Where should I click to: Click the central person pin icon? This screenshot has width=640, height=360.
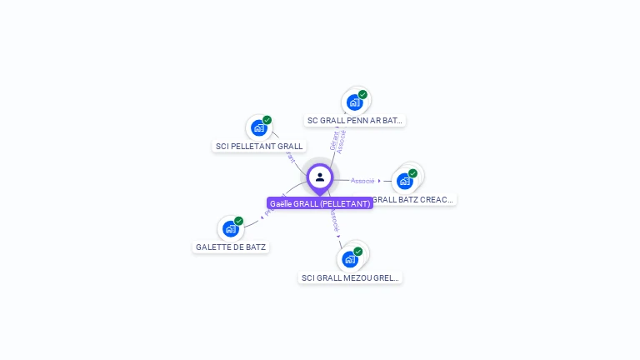tap(320, 177)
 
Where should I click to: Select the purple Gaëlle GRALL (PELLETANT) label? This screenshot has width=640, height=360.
tap(320, 203)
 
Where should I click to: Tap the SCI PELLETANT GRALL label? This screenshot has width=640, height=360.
tap(259, 147)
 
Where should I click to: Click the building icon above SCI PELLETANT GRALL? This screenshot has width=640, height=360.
tap(258, 128)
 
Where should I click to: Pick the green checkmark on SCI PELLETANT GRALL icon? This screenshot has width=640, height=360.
tap(267, 120)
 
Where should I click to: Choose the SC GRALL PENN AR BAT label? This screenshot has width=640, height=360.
tap(355, 121)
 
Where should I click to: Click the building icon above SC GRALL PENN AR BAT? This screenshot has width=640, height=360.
tap(354, 102)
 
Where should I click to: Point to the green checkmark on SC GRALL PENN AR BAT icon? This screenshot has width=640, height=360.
tap(363, 94)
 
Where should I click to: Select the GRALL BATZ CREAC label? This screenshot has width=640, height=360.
tap(413, 200)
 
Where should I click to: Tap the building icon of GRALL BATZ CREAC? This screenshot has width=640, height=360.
tap(404, 181)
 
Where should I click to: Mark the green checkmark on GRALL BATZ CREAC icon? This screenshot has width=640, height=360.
tap(413, 173)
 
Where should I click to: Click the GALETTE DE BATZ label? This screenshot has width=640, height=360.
tap(231, 247)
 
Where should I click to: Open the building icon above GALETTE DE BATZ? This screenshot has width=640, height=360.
tap(230, 229)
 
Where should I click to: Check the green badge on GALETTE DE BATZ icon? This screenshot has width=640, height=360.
tap(239, 221)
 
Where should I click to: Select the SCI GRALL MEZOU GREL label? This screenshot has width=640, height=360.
tap(351, 277)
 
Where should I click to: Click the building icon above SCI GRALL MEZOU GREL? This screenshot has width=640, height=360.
tap(349, 259)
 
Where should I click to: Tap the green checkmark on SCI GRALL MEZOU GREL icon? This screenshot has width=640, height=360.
tap(358, 251)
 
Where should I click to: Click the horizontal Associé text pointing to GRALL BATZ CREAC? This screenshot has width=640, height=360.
tap(362, 181)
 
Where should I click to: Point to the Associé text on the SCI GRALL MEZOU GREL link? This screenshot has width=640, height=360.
tap(334, 221)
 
